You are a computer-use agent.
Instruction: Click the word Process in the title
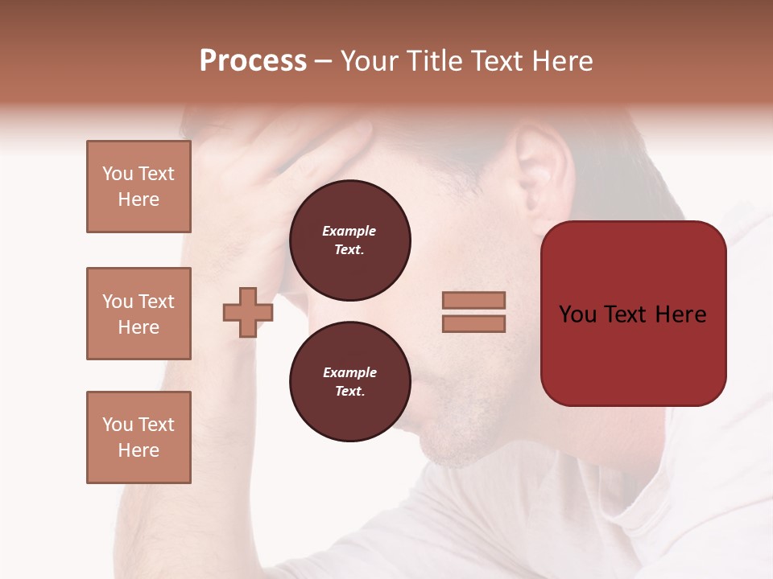click(253, 61)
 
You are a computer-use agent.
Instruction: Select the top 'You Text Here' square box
click(138, 187)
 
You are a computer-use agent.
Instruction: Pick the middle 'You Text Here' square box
click(138, 314)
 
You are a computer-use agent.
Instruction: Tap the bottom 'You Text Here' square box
click(138, 437)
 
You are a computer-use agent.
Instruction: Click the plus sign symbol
click(248, 312)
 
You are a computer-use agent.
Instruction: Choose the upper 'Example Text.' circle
click(349, 240)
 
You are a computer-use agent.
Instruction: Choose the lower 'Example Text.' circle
click(349, 382)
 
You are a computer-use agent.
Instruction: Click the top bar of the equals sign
click(473, 300)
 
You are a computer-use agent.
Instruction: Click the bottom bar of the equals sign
click(473, 323)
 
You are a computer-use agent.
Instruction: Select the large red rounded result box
click(633, 313)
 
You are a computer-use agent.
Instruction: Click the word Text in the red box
click(634, 314)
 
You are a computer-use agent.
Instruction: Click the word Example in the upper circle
click(349, 231)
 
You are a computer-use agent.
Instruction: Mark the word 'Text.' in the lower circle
click(349, 392)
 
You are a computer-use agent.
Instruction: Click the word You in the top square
click(117, 174)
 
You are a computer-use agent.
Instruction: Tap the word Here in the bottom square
click(138, 450)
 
